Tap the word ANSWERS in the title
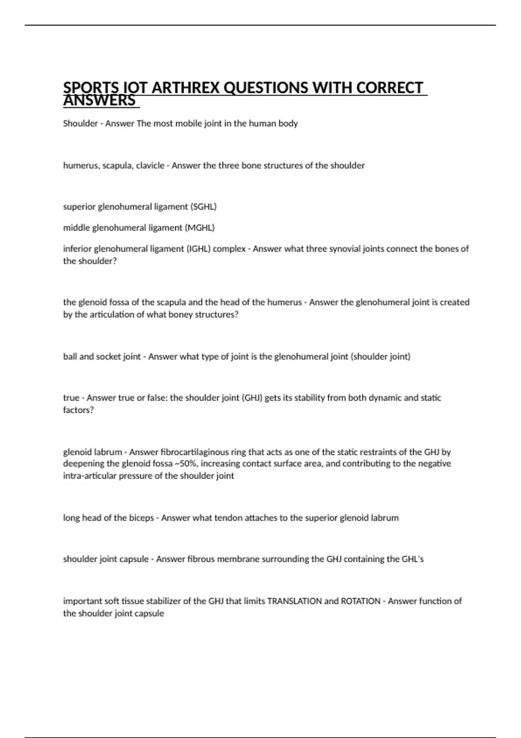click(x=99, y=101)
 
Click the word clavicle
click(x=150, y=165)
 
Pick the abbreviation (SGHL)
click(x=203, y=207)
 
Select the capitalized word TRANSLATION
click(x=294, y=601)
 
